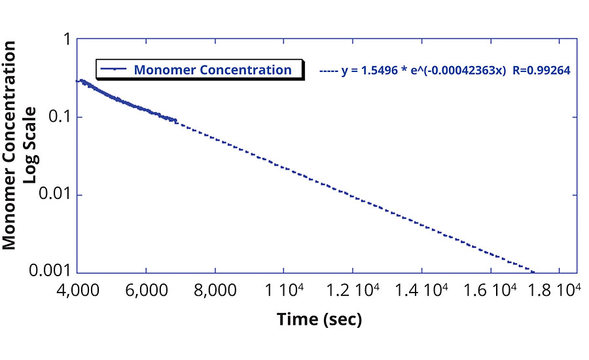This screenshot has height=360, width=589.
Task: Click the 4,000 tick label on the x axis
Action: coord(77,289)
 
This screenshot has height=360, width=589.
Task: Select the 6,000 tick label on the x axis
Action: coord(146,289)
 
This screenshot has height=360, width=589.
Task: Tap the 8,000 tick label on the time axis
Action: coord(215,289)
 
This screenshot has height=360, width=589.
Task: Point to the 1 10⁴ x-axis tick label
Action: coord(283,289)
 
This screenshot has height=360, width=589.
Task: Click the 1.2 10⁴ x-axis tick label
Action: coord(352,289)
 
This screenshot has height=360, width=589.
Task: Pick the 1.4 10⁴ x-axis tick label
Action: coord(421,289)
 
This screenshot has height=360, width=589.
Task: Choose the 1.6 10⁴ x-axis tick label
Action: coord(490,289)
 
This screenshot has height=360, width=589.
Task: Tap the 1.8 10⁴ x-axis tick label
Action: coord(558,289)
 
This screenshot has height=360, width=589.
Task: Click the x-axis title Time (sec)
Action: coord(319,319)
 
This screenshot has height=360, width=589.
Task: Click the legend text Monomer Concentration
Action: coord(213,70)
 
